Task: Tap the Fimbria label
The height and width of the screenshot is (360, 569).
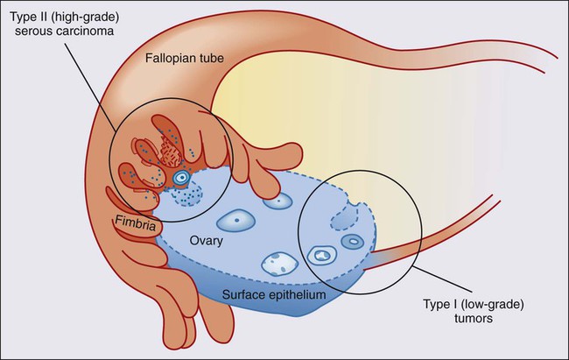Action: pyautogui.click(x=136, y=225)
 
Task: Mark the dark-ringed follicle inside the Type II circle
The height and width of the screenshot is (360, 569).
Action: pyautogui.click(x=182, y=178)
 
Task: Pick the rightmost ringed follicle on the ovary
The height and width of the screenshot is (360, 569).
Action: pyautogui.click(x=352, y=241)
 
